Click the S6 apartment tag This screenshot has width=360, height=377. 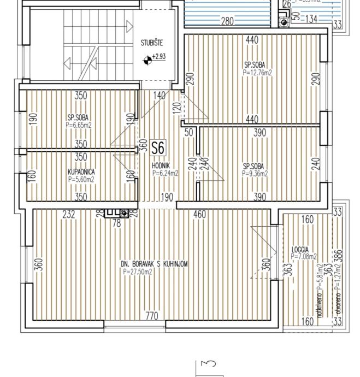coord(158,148)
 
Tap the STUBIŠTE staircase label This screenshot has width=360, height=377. coord(151,43)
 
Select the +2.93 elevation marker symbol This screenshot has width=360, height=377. coord(147,60)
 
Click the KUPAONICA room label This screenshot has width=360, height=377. coord(81,172)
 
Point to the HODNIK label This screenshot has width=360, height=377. coord(161,167)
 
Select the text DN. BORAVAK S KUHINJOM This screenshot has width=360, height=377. coord(154,264)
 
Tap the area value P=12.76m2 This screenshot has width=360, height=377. coord(258,72)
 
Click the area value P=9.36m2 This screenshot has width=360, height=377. coord(255,174)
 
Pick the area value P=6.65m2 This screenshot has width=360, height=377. coord(79,125)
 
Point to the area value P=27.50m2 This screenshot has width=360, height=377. coord(137,272)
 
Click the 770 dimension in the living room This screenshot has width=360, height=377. coord(152,316)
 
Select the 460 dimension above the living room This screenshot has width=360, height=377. coord(200,215)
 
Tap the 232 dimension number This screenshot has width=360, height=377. coord(69,215)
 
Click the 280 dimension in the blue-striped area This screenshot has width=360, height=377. coord(227,21)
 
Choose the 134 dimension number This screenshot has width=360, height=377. coord(310,20)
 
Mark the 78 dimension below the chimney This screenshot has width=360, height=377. coord(116,223)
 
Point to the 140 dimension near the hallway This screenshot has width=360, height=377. coord(159,95)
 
